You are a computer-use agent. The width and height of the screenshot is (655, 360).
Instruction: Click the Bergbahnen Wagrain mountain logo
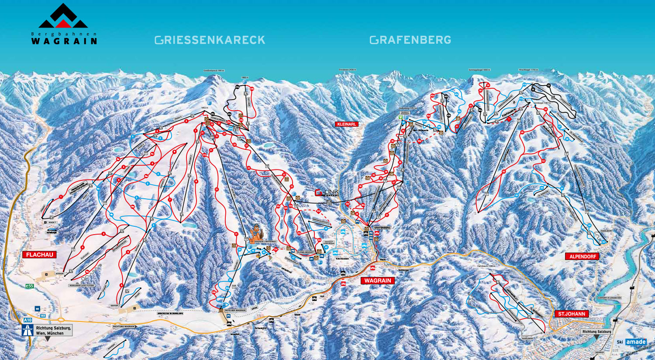click(x=63, y=17)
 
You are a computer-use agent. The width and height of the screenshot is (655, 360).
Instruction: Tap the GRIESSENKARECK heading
click(x=210, y=40)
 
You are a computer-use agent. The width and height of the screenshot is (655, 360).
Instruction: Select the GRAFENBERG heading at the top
click(x=410, y=40)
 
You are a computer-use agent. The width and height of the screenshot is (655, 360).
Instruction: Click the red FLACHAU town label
click(x=39, y=255)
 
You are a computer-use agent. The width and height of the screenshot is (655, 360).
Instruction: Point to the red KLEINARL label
click(x=346, y=125)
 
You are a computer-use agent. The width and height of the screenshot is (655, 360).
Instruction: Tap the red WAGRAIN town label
click(x=377, y=280)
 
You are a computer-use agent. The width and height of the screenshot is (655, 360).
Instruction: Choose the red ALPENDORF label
click(x=583, y=256)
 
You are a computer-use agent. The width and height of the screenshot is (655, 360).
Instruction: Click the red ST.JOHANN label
click(x=572, y=314)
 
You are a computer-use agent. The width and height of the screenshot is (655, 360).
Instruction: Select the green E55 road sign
click(x=29, y=286)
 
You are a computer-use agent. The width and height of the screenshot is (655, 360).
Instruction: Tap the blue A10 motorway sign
click(x=28, y=320)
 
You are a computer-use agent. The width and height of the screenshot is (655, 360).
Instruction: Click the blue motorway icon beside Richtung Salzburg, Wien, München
click(x=28, y=330)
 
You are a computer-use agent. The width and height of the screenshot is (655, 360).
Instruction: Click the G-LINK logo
click(x=326, y=193)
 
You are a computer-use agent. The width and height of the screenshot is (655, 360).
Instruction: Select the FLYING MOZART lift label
click(x=306, y=253)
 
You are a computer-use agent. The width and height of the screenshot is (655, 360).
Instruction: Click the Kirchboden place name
click(x=342, y=259)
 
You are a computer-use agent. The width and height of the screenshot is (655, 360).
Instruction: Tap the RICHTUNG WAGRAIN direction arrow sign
click(x=124, y=326)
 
